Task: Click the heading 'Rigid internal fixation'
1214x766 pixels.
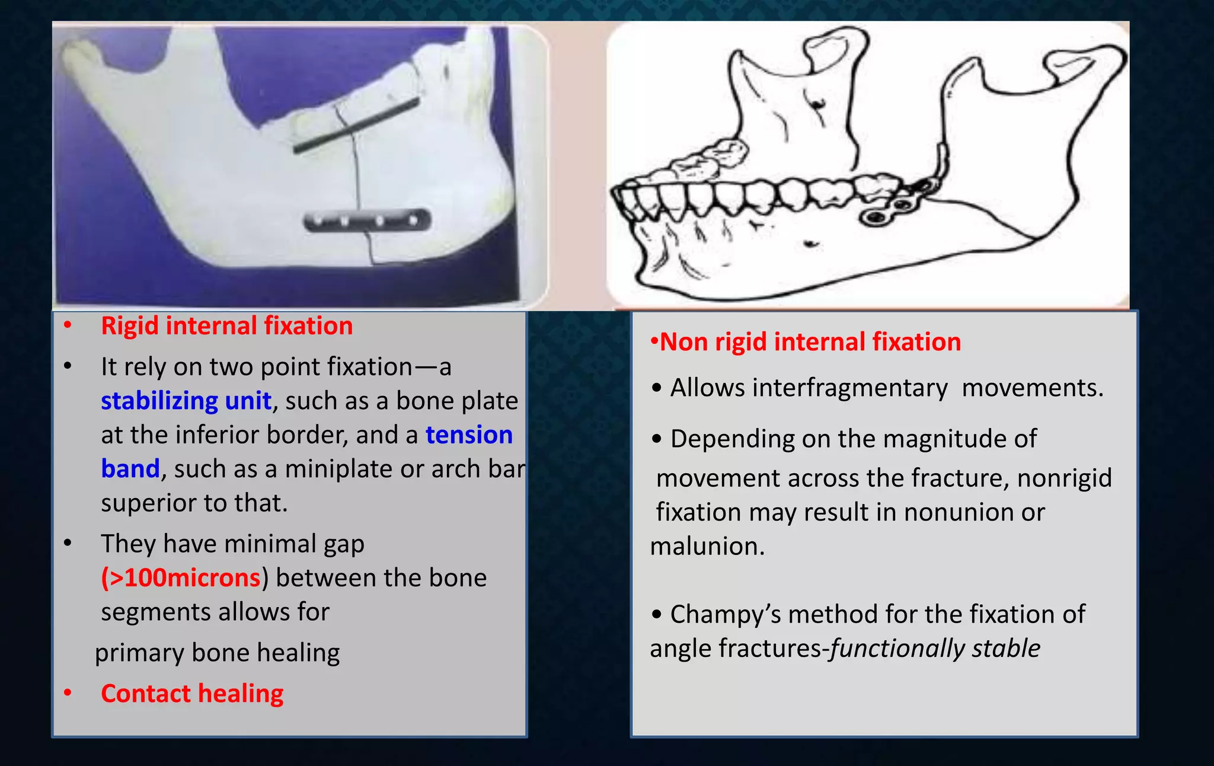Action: point(226,326)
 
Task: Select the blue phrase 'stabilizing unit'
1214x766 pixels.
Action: point(186,401)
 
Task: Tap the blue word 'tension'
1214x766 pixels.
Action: point(469,435)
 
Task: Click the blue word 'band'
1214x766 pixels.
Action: point(130,469)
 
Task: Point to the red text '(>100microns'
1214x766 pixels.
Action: point(181,578)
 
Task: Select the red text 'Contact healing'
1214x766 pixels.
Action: point(192,694)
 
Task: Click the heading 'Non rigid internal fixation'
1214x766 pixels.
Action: point(809,342)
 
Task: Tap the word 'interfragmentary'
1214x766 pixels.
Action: point(850,388)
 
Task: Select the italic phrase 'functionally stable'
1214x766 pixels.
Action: point(935,649)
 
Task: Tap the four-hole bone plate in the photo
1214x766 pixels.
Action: point(366,221)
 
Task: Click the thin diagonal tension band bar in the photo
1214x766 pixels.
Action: point(356,126)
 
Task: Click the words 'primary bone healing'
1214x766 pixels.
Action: point(218,653)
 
